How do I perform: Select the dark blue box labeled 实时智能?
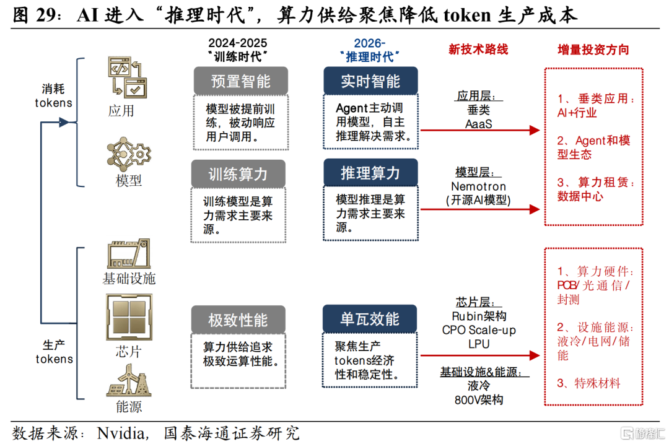click(x=370, y=82)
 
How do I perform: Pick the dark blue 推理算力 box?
click(x=370, y=173)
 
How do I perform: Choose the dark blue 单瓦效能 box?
click(x=370, y=320)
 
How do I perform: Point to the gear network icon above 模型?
click(x=129, y=154)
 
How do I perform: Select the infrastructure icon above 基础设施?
click(x=129, y=253)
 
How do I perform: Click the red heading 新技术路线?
click(x=478, y=49)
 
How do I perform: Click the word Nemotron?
click(x=478, y=186)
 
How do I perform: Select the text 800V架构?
click(x=478, y=399)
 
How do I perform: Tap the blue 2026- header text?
click(x=370, y=43)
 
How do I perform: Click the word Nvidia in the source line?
click(x=118, y=432)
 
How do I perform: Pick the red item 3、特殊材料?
click(x=588, y=383)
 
